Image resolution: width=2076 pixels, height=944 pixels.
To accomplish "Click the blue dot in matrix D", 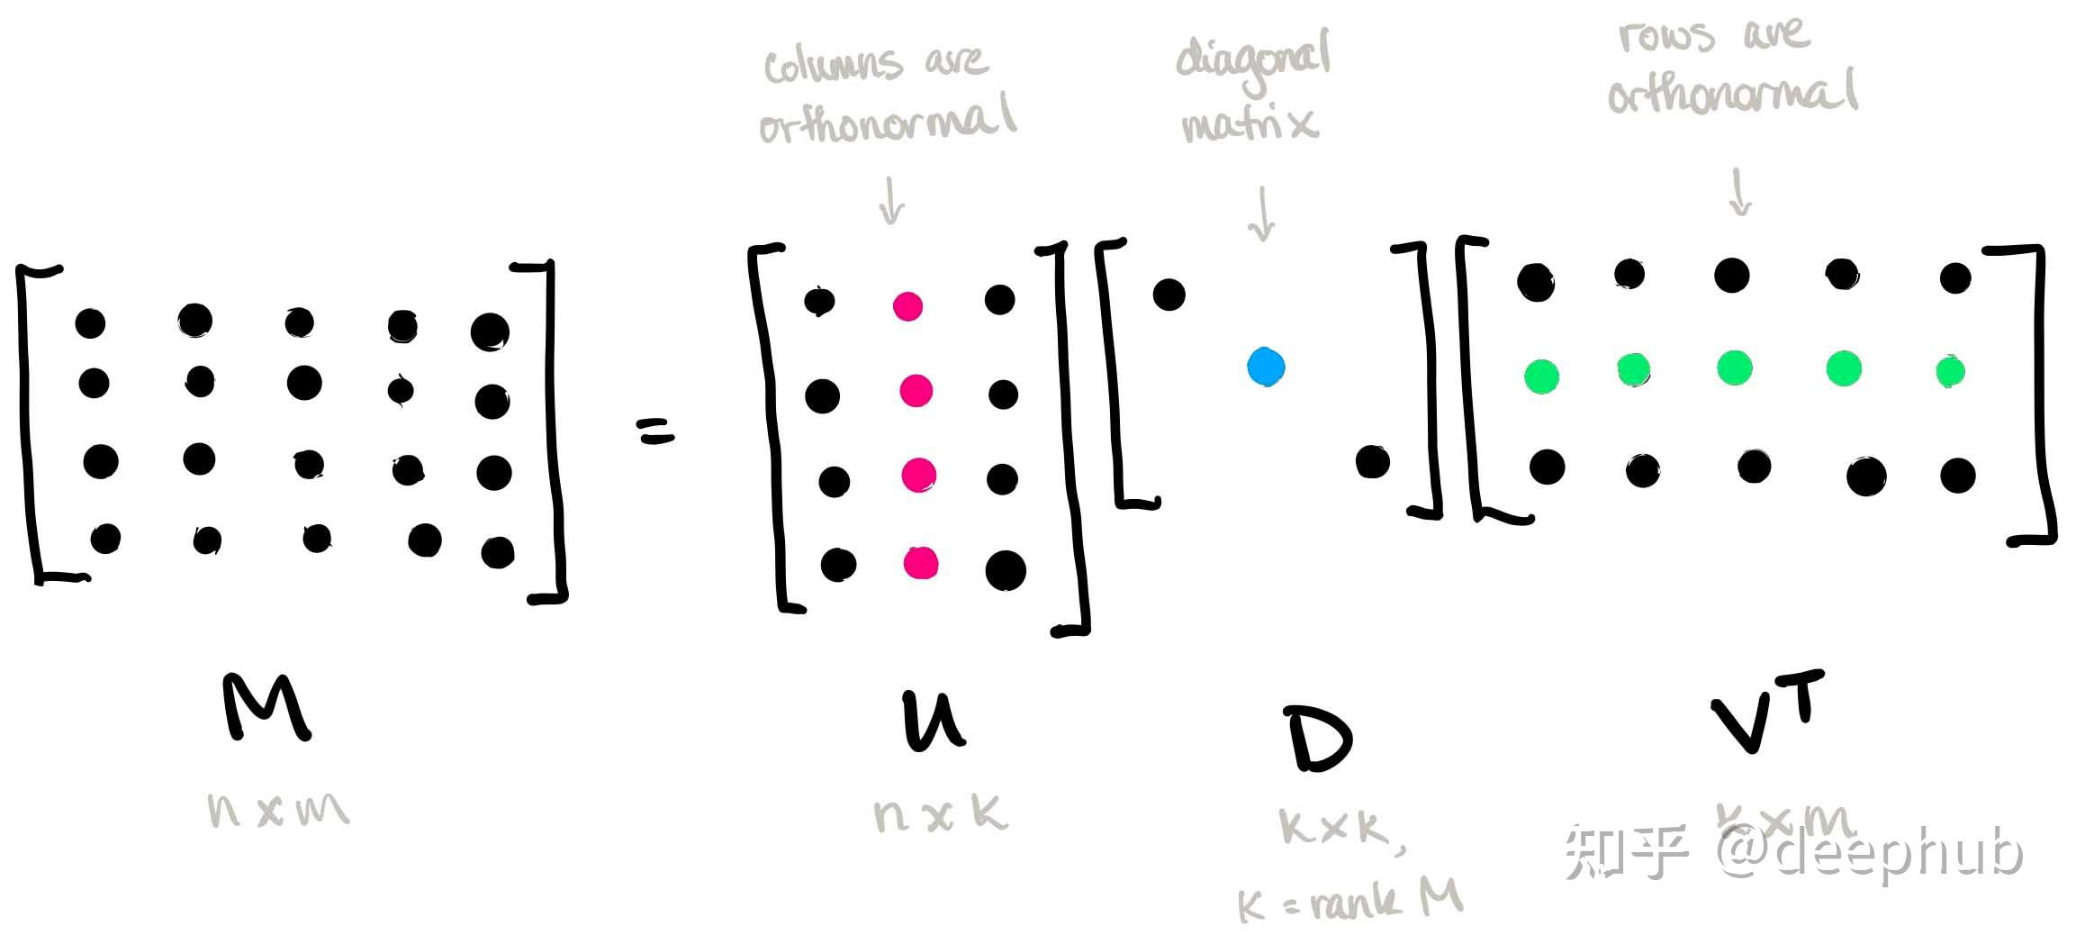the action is pyautogui.click(x=1266, y=367).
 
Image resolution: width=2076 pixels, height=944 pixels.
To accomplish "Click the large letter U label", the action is pyautogui.click(x=933, y=722).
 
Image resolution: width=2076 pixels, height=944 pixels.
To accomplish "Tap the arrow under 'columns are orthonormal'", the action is pyautogui.click(x=891, y=200).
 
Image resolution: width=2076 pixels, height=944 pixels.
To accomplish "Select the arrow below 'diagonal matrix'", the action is pyautogui.click(x=1262, y=214).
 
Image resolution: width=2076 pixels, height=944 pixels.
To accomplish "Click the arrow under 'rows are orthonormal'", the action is pyautogui.click(x=1739, y=192).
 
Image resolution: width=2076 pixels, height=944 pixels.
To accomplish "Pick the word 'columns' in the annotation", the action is pyautogui.click(x=832, y=65).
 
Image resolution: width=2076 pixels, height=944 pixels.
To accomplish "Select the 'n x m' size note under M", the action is pyautogui.click(x=277, y=810).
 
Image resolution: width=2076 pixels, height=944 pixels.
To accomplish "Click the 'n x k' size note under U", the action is pyautogui.click(x=940, y=815).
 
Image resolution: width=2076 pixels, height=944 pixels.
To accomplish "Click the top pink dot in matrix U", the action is pyautogui.click(x=907, y=306).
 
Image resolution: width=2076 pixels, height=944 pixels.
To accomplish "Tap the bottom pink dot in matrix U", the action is pyautogui.click(x=920, y=563).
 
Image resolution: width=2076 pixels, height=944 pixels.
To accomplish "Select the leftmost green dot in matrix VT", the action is pyautogui.click(x=1541, y=376).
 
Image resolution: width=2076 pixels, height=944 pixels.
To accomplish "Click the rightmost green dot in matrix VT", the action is pyautogui.click(x=1950, y=371).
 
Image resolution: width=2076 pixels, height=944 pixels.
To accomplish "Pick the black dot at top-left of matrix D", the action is pyautogui.click(x=1169, y=294).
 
